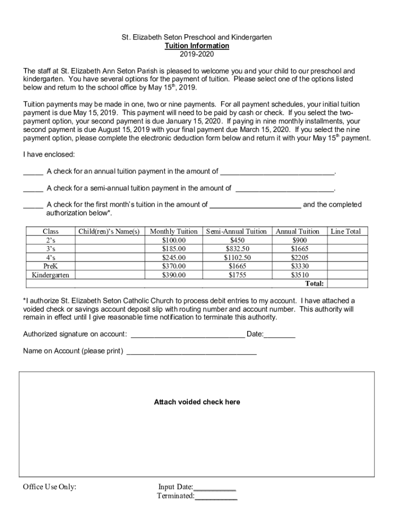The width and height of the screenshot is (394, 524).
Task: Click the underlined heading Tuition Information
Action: click(196, 46)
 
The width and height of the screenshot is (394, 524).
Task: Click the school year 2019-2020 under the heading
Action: click(196, 54)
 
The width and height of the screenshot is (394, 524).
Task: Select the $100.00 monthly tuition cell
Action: click(173, 240)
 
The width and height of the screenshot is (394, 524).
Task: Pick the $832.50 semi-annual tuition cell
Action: click(237, 249)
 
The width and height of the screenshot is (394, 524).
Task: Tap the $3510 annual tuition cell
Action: click(299, 275)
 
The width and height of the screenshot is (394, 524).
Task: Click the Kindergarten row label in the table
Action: click(50, 275)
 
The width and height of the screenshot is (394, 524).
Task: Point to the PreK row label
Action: click(50, 266)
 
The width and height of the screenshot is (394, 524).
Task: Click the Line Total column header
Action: click(345, 231)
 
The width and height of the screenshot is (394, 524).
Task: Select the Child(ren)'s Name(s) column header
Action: click(109, 231)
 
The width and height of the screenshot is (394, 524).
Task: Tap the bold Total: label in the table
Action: click(314, 283)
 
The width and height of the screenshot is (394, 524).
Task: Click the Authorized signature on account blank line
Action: click(188, 335)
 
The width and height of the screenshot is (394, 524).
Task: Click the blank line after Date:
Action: click(280, 335)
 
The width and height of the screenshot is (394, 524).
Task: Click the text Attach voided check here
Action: click(196, 402)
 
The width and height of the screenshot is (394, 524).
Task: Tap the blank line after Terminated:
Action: click(216, 496)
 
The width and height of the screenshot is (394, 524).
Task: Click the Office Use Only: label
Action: click(50, 487)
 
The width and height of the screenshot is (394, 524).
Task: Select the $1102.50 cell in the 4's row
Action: click(237, 257)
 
